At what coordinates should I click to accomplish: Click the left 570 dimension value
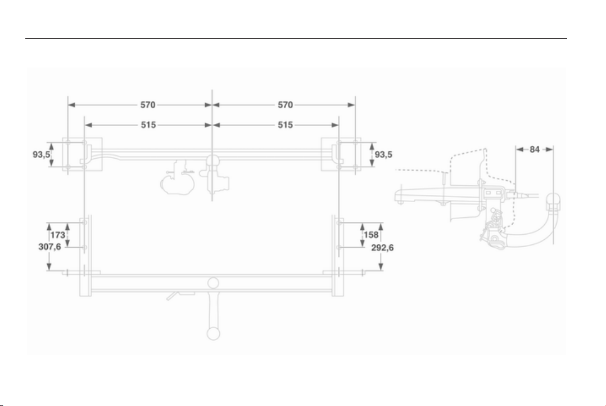click(x=148, y=105)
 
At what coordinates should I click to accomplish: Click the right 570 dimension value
click(x=285, y=105)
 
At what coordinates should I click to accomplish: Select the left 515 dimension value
click(x=148, y=125)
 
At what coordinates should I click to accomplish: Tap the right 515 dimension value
click(x=285, y=125)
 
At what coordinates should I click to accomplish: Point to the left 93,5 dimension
click(x=41, y=154)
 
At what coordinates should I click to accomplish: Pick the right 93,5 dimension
click(x=383, y=154)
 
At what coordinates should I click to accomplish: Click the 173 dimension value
click(x=57, y=235)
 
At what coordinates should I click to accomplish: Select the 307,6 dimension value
click(x=50, y=247)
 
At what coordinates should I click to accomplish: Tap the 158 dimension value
click(x=371, y=235)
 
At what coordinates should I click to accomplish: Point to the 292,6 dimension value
click(x=383, y=247)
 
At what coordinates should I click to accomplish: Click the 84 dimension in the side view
click(x=535, y=149)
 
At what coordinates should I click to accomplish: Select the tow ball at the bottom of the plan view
click(x=214, y=333)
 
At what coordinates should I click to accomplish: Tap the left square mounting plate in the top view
click(x=83, y=154)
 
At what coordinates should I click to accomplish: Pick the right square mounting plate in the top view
click(x=341, y=154)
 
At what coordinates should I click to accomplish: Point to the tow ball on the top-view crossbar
click(x=212, y=160)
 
